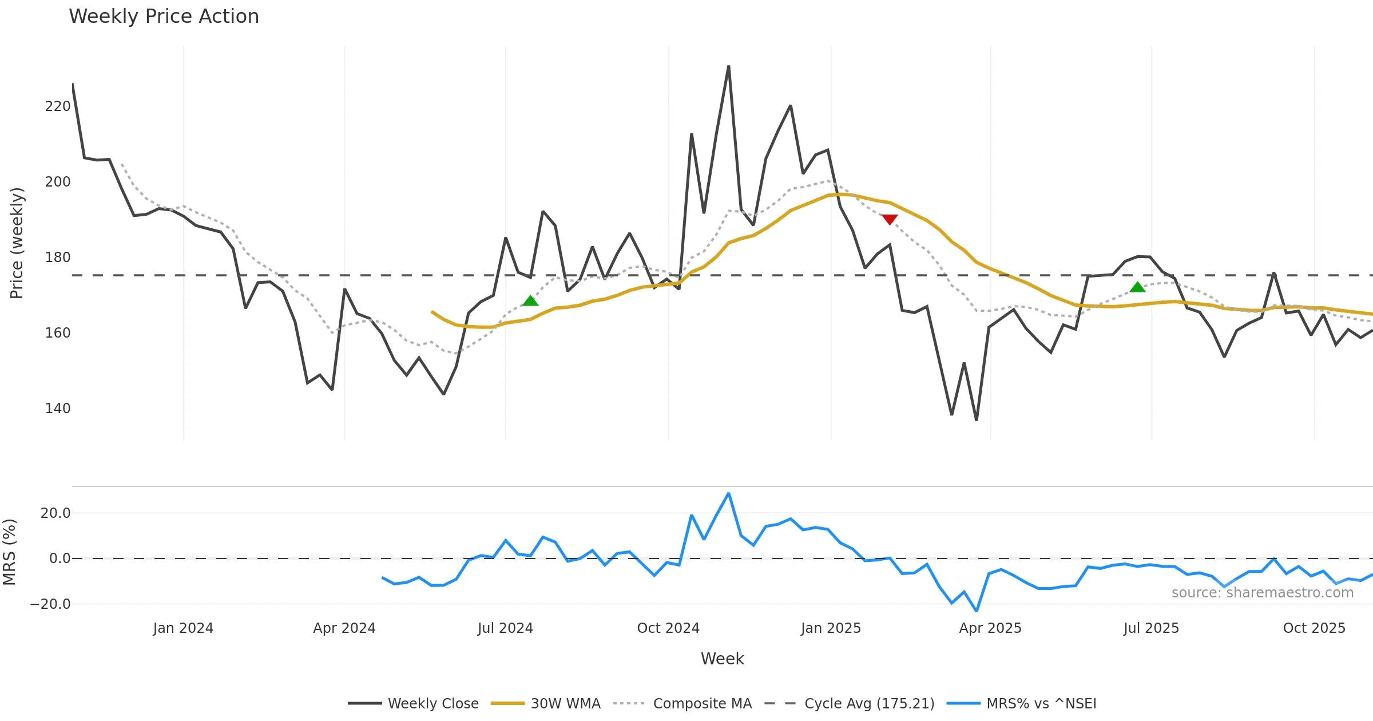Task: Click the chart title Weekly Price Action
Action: click(x=164, y=17)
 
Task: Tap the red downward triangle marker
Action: click(x=890, y=219)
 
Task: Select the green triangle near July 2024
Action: click(x=530, y=301)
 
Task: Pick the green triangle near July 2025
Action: click(x=1137, y=287)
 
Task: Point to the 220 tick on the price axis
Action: click(x=58, y=106)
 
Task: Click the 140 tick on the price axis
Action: click(x=58, y=409)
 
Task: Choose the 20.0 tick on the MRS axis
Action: click(x=55, y=513)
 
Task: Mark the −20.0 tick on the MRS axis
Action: click(x=50, y=604)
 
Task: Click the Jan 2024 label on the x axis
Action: click(x=183, y=628)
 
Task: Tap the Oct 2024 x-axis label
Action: click(x=668, y=628)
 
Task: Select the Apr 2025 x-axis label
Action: click(x=990, y=628)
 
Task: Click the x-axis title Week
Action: click(x=722, y=659)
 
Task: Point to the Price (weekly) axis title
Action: click(x=17, y=243)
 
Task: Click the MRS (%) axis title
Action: click(x=9, y=552)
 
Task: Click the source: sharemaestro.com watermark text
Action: click(x=1263, y=593)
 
